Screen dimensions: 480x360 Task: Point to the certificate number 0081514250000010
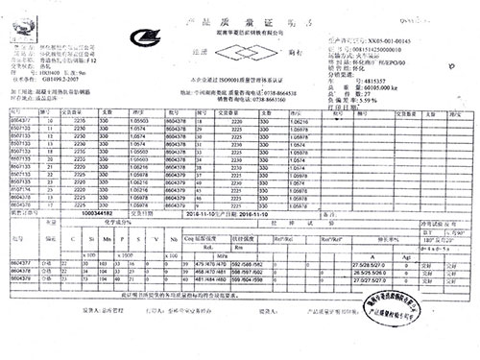pos(387,50)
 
